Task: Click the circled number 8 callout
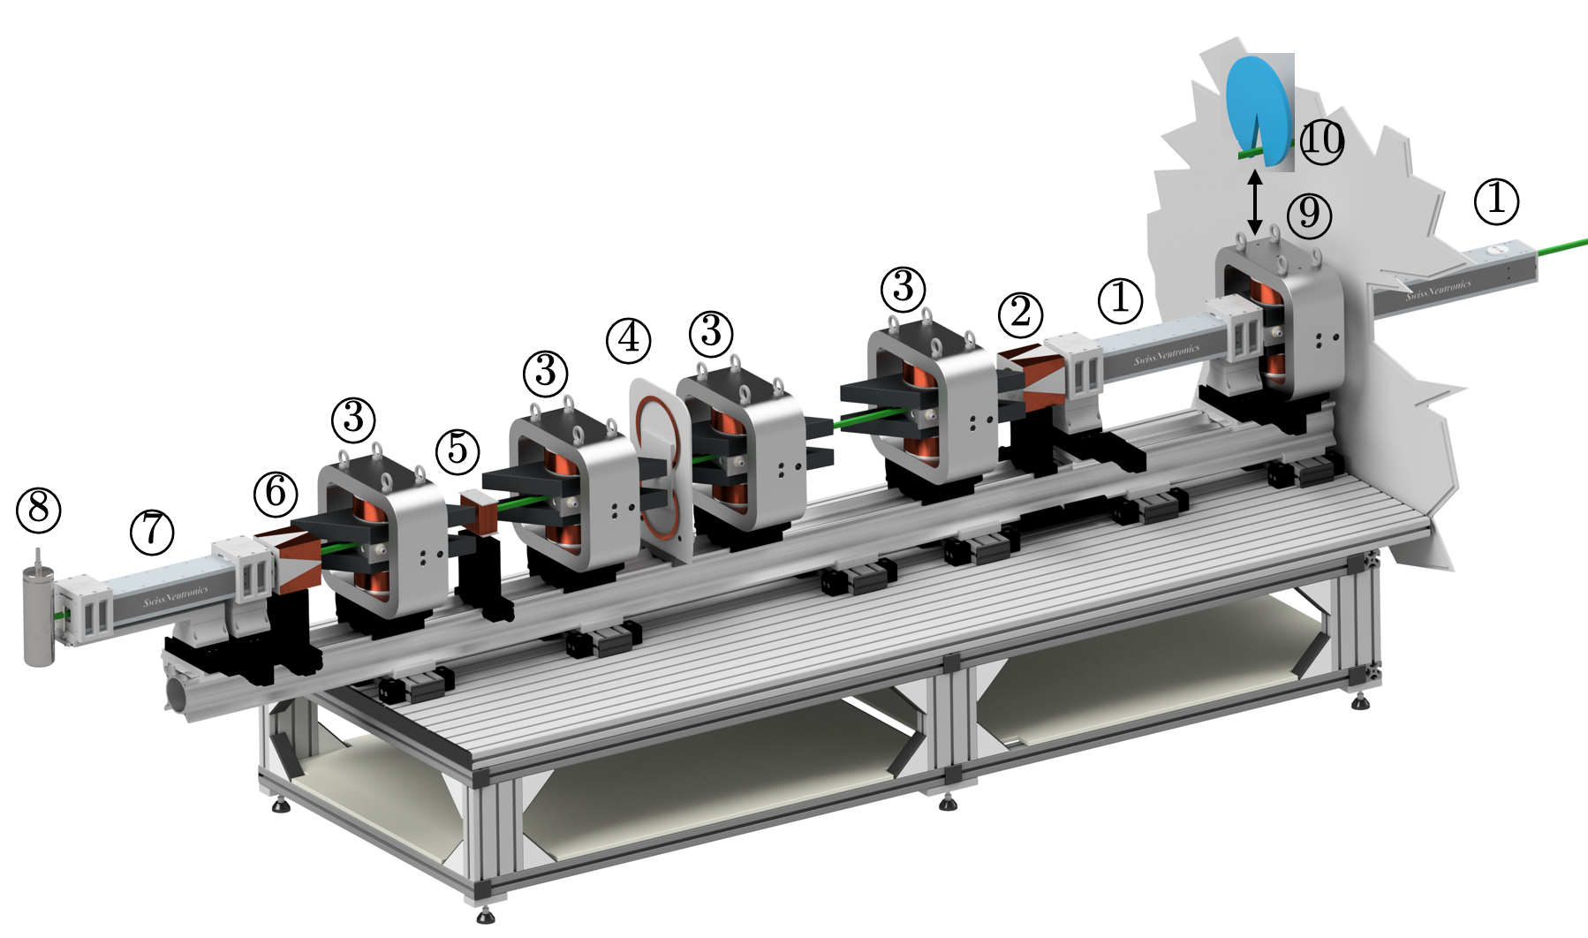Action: click(x=39, y=511)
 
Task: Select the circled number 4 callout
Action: click(x=629, y=340)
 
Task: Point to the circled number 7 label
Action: click(x=152, y=533)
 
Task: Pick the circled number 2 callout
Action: click(x=1021, y=314)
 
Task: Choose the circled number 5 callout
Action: click(x=457, y=450)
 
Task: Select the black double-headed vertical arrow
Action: click(x=1254, y=202)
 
